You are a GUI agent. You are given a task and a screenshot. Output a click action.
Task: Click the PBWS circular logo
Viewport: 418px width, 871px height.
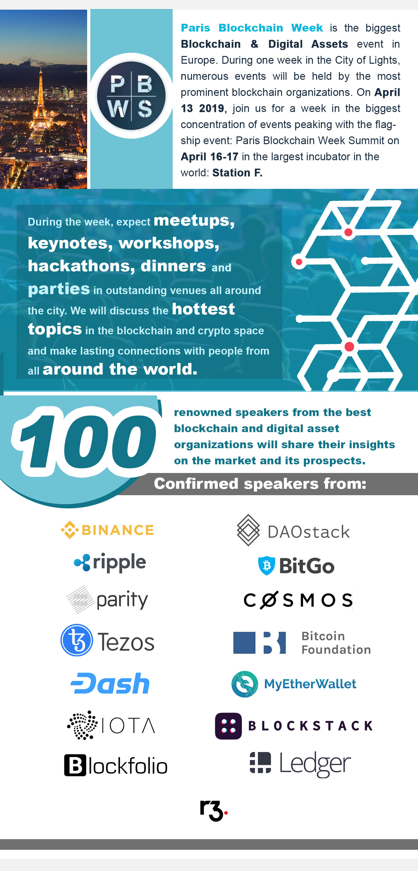pyautogui.click(x=132, y=96)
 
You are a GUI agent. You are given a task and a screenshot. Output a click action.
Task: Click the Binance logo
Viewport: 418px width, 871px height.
pyautogui.click(x=107, y=530)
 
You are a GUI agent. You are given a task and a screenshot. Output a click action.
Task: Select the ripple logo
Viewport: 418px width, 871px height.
pyautogui.click(x=110, y=563)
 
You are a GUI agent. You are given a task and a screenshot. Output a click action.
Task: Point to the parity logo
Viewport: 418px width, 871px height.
pyautogui.click(x=107, y=599)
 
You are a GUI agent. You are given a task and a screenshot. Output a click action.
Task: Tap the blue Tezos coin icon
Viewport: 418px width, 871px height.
pyautogui.click(x=77, y=640)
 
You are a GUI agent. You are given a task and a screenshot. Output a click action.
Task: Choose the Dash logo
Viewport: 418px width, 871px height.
pyautogui.click(x=110, y=683)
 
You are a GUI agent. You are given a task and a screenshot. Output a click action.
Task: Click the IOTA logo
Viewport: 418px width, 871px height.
pyautogui.click(x=111, y=725)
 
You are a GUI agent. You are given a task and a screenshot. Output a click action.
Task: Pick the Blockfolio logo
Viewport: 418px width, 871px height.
pyautogui.click(x=115, y=765)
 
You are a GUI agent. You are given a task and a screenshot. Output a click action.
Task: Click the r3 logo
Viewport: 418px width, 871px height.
pyautogui.click(x=214, y=811)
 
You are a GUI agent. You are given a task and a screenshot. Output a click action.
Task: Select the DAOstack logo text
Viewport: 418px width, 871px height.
pyautogui.click(x=308, y=532)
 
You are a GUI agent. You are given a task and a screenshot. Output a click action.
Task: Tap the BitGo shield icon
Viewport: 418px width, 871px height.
pyautogui.click(x=267, y=565)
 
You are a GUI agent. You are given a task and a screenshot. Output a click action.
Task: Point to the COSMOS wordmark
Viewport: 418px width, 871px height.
pyautogui.click(x=298, y=600)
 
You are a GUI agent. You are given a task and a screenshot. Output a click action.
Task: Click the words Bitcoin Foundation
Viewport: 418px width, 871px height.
pyautogui.click(x=336, y=643)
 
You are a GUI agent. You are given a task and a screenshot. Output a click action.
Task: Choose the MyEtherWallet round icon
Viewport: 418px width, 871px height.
pyautogui.click(x=245, y=684)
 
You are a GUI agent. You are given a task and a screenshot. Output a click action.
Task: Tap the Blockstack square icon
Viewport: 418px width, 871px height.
pyautogui.click(x=228, y=726)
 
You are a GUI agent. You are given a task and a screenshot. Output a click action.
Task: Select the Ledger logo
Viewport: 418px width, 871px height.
pyautogui.click(x=300, y=764)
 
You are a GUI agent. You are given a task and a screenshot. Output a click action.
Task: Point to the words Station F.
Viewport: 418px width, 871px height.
pyautogui.click(x=237, y=173)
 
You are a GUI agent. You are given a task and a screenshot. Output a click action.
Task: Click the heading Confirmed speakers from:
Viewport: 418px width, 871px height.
pyautogui.click(x=260, y=484)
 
